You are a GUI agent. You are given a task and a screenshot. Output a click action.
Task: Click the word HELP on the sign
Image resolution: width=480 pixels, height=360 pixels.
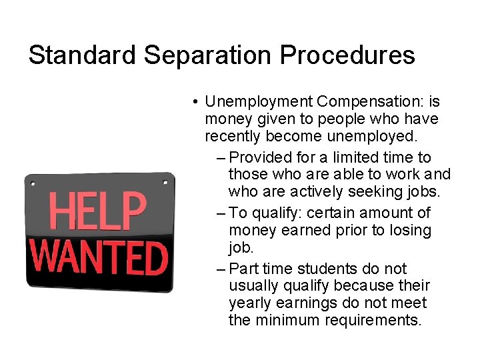click(99, 210)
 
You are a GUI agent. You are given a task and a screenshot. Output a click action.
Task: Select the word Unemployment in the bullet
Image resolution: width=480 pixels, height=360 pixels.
click(259, 102)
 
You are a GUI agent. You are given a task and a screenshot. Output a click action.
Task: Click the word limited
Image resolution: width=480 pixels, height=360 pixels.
click(358, 157)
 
